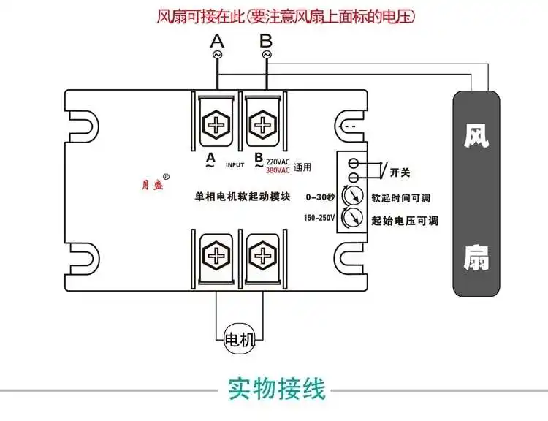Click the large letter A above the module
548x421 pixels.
tap(217, 41)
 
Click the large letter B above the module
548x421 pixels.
tap(266, 41)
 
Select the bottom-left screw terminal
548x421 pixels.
tap(216, 257)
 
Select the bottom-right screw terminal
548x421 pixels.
tap(262, 257)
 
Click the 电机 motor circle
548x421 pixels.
tap(240, 339)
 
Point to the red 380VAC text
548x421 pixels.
tap(278, 170)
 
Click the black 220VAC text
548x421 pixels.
tap(278, 162)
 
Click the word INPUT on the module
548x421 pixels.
tap(235, 164)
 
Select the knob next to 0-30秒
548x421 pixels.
tap(351, 195)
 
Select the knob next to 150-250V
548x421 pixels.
tap(351, 218)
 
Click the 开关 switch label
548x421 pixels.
tap(400, 172)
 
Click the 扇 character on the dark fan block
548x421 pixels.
tap(476, 258)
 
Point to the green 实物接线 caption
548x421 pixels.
tap(277, 389)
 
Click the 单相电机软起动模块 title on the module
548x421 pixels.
tap(243, 196)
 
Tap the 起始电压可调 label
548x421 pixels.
tap(405, 221)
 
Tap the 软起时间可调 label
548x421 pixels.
tap(401, 198)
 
